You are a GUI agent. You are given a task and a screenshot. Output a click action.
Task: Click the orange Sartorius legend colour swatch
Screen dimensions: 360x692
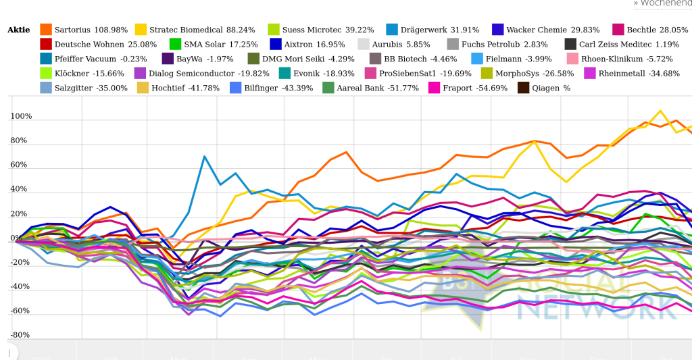point(46,30)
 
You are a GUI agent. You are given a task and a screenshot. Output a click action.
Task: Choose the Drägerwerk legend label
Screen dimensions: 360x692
point(440,30)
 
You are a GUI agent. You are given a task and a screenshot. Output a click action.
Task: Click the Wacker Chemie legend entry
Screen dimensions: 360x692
point(553,30)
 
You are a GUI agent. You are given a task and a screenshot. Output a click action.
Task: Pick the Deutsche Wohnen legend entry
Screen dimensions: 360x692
point(105,45)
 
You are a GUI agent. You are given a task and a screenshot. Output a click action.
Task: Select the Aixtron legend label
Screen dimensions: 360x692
point(310,45)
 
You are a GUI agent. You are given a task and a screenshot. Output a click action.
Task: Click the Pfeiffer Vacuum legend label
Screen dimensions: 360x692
point(101,59)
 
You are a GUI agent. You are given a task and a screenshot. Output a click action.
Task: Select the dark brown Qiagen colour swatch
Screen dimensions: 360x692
point(524,88)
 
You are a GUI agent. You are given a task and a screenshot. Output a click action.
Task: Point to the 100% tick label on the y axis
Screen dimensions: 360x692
point(21,116)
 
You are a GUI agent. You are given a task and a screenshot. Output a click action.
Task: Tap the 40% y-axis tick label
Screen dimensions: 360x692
point(22,189)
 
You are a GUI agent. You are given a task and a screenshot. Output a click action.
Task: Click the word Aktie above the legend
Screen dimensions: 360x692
point(19,30)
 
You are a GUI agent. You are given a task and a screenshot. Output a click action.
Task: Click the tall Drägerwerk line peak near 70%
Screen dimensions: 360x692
point(204,156)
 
